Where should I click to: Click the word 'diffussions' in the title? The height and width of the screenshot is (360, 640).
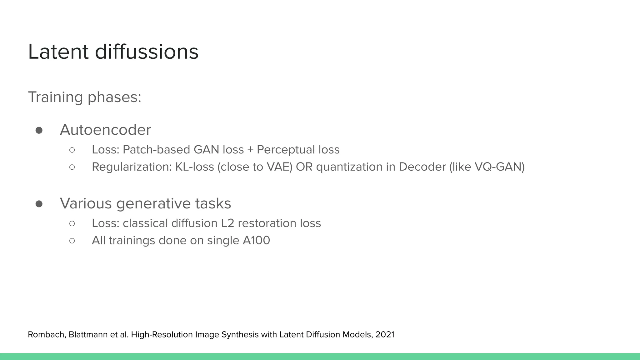click(x=147, y=52)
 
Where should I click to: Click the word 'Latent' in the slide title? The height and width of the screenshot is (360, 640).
click(x=58, y=52)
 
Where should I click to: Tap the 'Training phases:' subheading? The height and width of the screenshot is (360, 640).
click(x=85, y=97)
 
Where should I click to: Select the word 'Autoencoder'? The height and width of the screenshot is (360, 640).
click(x=105, y=130)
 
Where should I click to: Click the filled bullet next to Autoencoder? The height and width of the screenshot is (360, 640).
click(x=39, y=130)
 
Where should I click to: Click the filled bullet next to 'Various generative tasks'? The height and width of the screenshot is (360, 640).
click(x=39, y=204)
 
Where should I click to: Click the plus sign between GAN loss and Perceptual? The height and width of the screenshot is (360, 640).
click(x=250, y=150)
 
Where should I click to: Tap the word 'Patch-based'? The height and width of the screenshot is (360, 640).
click(x=157, y=150)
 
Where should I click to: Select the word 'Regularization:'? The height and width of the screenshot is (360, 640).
click(x=132, y=167)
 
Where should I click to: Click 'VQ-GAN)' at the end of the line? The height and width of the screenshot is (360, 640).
click(x=499, y=167)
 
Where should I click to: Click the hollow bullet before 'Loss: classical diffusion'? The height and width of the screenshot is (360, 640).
click(x=72, y=223)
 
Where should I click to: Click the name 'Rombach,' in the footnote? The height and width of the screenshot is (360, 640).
click(x=47, y=335)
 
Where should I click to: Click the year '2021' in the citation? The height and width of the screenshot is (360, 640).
click(x=385, y=335)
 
